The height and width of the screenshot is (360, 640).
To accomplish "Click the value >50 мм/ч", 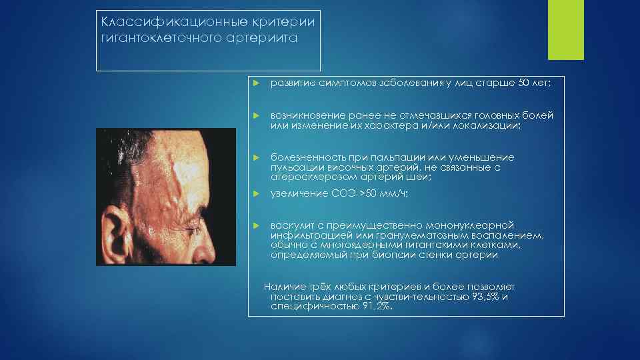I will point(383,194).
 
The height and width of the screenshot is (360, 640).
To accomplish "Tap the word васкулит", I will point(289,225).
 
